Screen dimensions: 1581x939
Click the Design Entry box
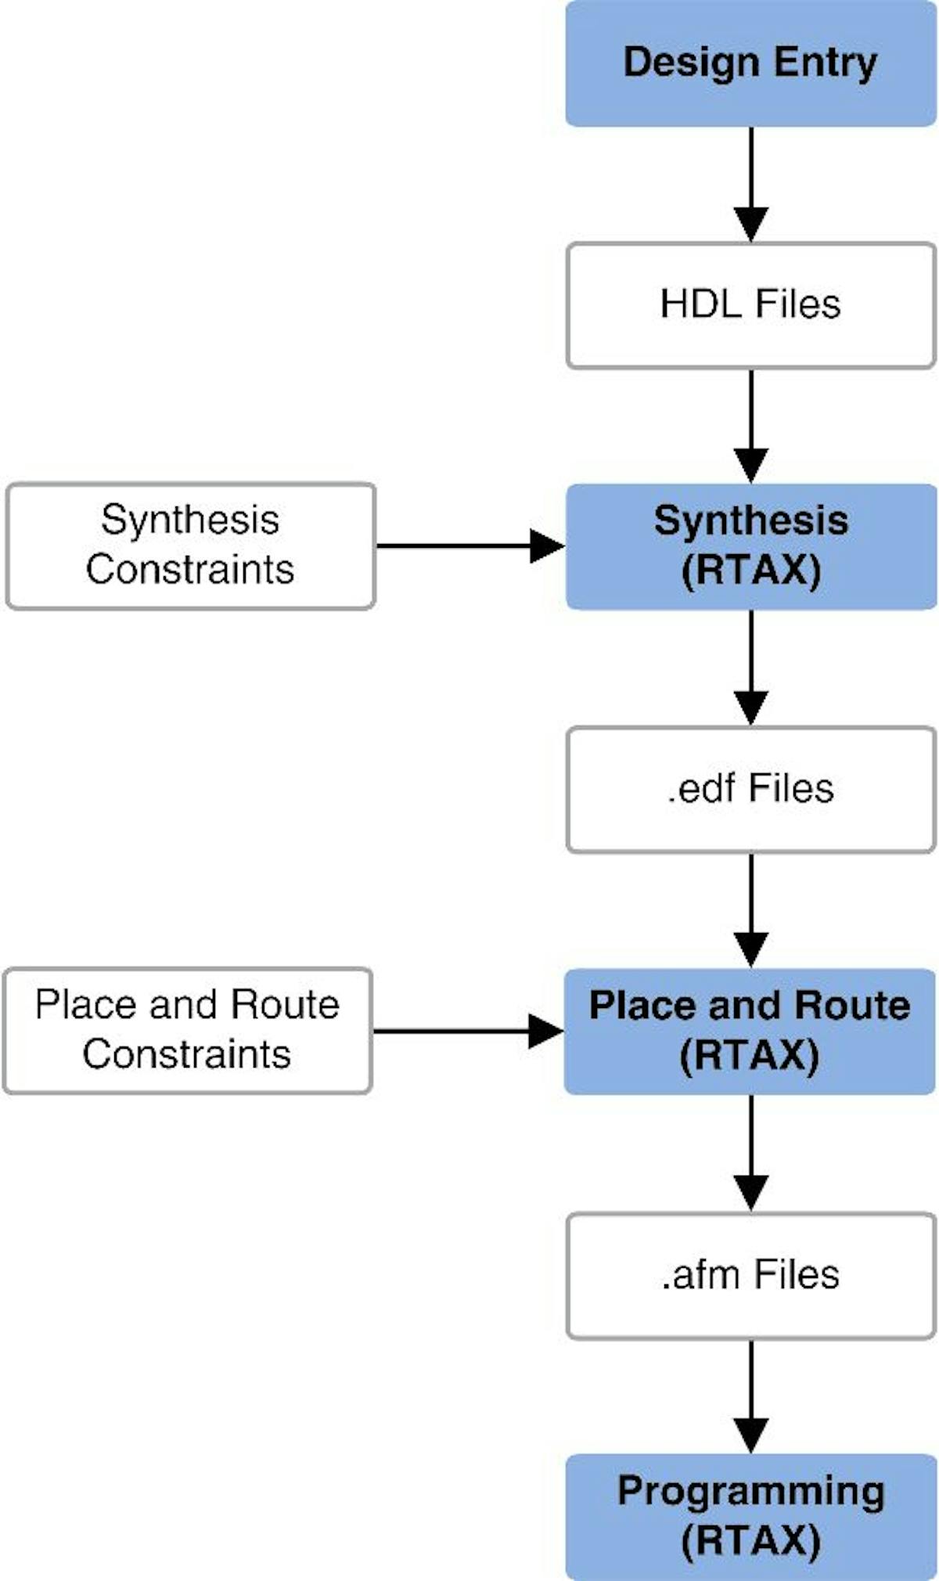coord(750,63)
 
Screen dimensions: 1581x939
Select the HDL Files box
coord(750,304)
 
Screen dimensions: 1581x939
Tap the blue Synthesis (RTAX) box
coord(750,546)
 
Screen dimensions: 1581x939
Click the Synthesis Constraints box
coord(190,546)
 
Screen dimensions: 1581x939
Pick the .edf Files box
coord(750,789)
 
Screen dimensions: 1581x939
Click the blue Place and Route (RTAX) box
coord(750,1031)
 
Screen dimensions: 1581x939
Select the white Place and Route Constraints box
coord(187,1031)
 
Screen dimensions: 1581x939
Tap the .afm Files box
coord(750,1275)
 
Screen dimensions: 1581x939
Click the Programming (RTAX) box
coord(750,1516)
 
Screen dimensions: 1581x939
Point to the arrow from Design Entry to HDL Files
coord(750,185)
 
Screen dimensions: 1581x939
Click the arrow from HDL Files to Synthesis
coord(750,426)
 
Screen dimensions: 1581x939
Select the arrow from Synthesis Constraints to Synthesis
coord(469,546)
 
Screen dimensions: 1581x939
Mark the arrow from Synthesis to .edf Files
coord(750,668)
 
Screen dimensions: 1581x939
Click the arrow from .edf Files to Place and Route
coord(750,910)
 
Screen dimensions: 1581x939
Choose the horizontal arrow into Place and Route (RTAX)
coord(468,1031)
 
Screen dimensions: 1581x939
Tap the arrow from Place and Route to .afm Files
coord(750,1153)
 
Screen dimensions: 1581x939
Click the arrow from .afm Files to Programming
coord(750,1396)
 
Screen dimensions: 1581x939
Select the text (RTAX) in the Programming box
coord(750,1541)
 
